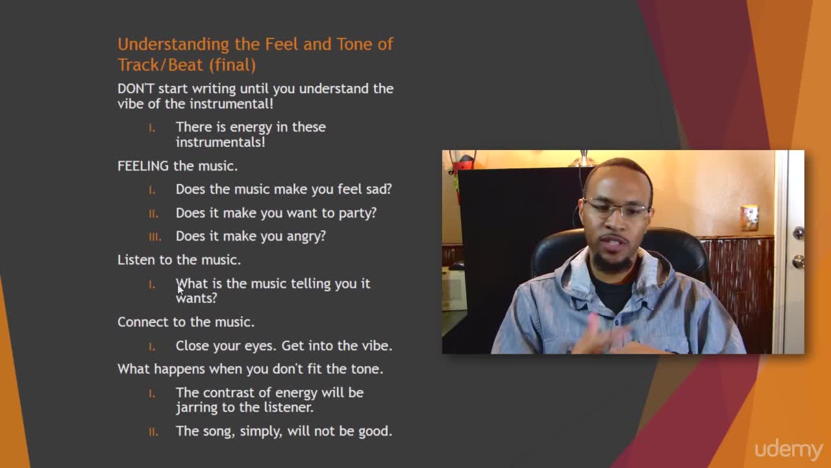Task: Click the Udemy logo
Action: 789,449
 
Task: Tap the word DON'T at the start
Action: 136,89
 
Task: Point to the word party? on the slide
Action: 358,213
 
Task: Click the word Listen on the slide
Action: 136,260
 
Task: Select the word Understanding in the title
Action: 173,45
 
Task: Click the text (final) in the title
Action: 232,66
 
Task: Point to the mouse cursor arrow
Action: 180,289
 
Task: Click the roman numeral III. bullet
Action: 155,237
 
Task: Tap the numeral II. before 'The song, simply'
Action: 153,432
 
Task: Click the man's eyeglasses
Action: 617,209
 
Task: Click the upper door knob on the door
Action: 799,233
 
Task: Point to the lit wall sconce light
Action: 749,218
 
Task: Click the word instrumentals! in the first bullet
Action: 221,142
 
